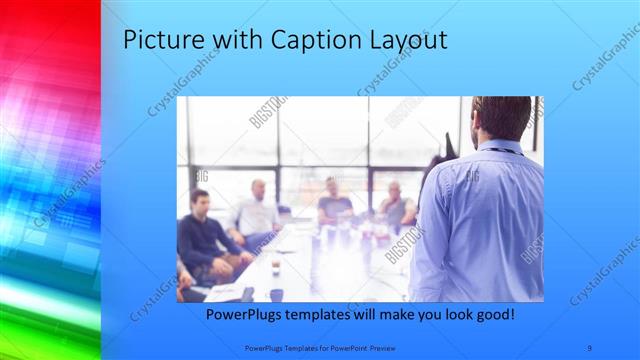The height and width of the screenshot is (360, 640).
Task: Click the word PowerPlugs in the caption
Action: tap(246, 315)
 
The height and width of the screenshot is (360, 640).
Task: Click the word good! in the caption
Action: tap(492, 315)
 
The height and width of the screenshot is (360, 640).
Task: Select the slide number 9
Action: tap(590, 347)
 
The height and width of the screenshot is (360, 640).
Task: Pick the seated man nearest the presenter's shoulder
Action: tap(396, 207)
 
